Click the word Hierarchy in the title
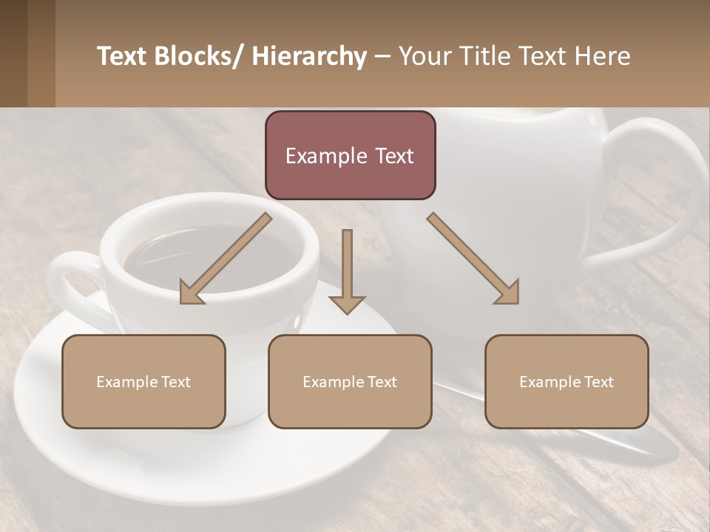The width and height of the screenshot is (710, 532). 309,57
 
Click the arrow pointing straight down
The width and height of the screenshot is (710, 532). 347,273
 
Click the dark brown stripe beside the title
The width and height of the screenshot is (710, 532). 13,53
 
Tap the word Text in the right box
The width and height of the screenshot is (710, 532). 598,382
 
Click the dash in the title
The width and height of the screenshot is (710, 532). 383,57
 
